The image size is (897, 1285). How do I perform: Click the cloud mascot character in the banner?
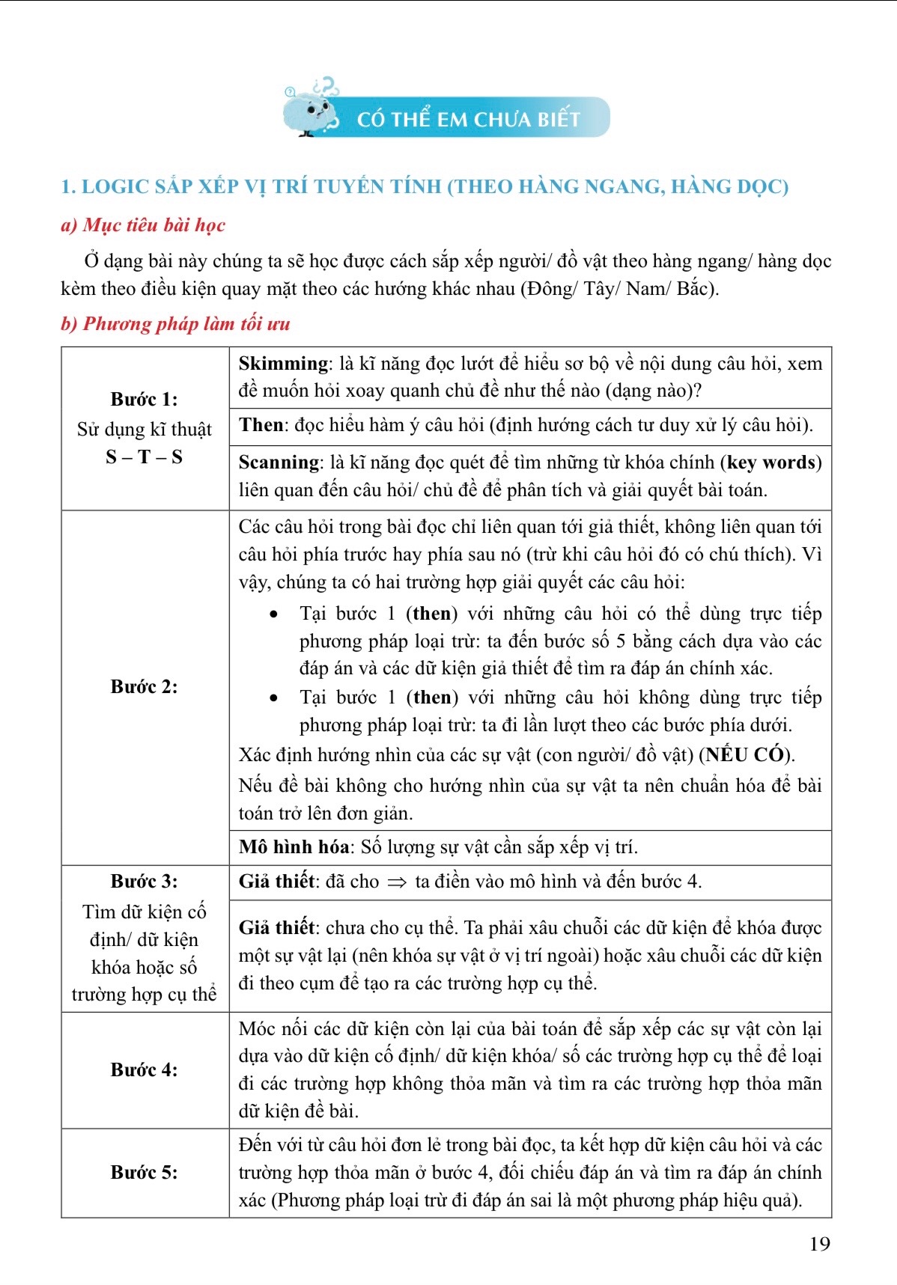(x=311, y=112)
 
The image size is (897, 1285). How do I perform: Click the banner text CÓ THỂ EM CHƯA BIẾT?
(x=468, y=120)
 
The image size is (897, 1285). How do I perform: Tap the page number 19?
(x=820, y=1244)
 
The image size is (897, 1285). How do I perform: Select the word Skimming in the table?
(x=283, y=364)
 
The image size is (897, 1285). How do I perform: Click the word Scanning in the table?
(x=279, y=463)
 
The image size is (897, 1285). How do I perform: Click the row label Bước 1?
(x=144, y=399)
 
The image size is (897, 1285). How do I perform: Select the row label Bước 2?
(x=144, y=686)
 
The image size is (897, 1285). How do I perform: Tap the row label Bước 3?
(x=144, y=881)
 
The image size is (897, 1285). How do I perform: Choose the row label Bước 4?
(x=144, y=1069)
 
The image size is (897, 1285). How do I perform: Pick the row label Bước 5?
(x=144, y=1172)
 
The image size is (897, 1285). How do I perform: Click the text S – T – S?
(x=144, y=457)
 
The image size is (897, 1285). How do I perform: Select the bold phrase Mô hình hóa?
(x=294, y=846)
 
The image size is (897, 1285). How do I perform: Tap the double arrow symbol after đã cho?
(x=397, y=882)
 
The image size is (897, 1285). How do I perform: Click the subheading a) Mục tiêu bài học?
(x=142, y=225)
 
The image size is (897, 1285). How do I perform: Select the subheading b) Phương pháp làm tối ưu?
(x=175, y=324)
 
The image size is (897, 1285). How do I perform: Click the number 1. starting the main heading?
(x=68, y=186)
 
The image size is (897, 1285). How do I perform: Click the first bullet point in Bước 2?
(x=275, y=614)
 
